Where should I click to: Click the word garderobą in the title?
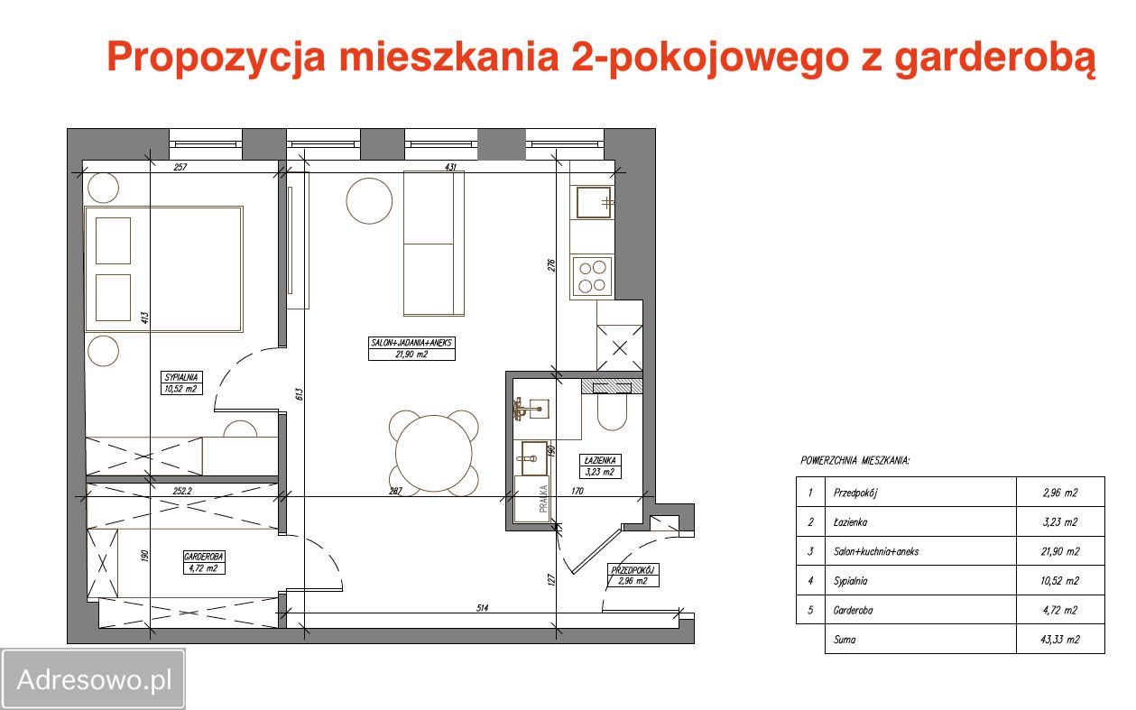click(993, 58)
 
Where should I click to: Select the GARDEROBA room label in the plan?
click(202, 563)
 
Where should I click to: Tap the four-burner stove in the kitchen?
click(593, 277)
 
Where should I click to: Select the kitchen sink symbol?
click(594, 203)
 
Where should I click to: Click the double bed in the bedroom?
click(163, 269)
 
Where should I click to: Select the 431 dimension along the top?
click(451, 167)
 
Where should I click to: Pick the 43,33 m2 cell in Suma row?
click(1059, 640)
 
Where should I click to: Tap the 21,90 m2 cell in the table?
click(1059, 551)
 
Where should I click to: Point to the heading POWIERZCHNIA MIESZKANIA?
click(854, 460)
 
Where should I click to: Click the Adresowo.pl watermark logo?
click(94, 679)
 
